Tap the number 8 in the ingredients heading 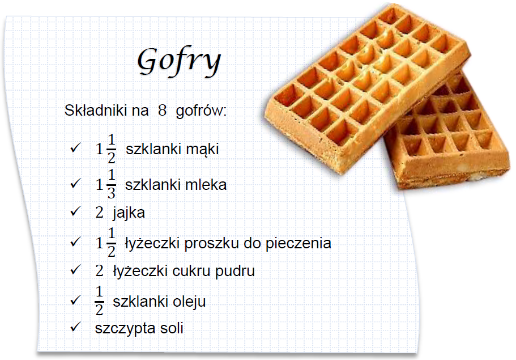[x=162, y=111]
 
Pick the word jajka [x=129, y=213]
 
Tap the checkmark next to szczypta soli [x=75, y=327]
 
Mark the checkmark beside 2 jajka [x=75, y=212]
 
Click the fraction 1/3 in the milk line [x=111, y=185]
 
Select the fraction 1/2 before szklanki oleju [x=100, y=301]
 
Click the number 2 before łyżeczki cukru [x=100, y=270]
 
